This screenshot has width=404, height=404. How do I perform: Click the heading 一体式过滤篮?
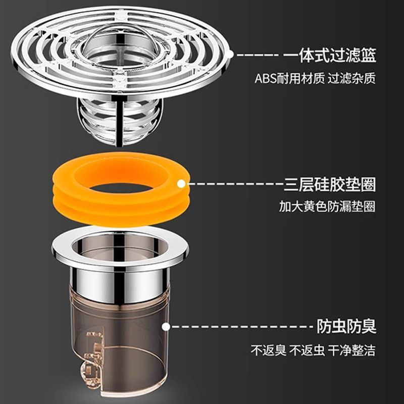(x=330, y=55)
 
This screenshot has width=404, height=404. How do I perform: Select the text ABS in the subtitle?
(x=266, y=79)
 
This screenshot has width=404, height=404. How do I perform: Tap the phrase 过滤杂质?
(x=351, y=79)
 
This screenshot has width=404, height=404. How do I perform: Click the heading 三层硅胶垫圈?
(x=330, y=184)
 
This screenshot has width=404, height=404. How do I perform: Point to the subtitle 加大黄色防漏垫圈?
(x=327, y=207)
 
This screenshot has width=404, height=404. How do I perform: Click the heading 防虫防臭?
(x=346, y=326)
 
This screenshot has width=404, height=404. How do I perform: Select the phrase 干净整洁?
(x=351, y=350)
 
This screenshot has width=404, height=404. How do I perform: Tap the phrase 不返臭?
(x=269, y=350)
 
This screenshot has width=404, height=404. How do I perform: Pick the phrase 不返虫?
(x=307, y=350)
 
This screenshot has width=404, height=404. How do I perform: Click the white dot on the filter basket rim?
(x=230, y=55)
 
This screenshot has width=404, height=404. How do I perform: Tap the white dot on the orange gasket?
(x=181, y=184)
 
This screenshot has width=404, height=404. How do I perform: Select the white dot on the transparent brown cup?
(x=166, y=327)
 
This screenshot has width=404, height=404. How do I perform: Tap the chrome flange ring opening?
(x=120, y=247)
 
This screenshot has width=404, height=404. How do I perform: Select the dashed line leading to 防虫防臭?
(x=242, y=327)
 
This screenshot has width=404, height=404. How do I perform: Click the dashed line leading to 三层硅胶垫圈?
(x=236, y=184)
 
